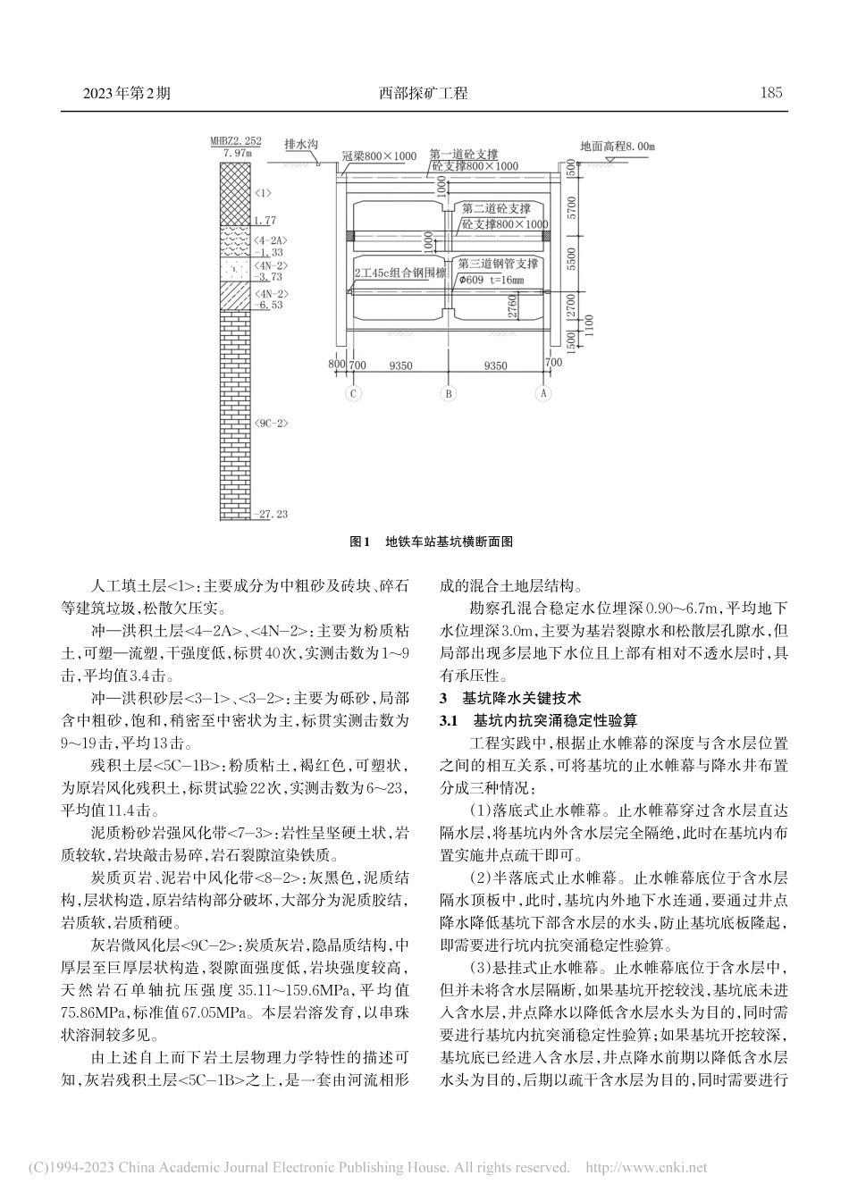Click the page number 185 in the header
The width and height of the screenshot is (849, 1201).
coord(770,92)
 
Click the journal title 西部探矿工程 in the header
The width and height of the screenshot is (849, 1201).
coord(424,92)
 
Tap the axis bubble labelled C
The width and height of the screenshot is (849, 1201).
coord(354,393)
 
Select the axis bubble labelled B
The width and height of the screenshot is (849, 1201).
coord(449,393)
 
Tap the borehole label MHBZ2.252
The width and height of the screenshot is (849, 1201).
coord(236,140)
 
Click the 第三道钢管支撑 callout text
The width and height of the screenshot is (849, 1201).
coord(498,264)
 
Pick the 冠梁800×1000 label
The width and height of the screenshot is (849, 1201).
coord(379,155)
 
